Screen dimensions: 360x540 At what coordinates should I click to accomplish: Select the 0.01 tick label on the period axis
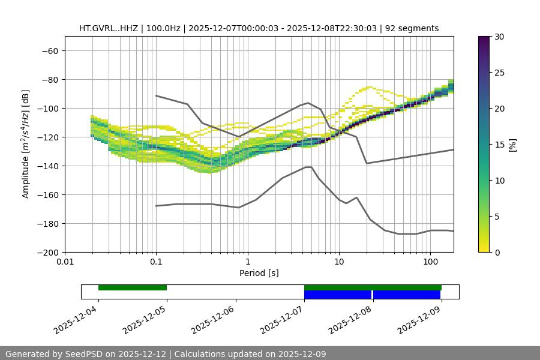65,262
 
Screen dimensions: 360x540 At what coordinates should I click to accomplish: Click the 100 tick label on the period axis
430,262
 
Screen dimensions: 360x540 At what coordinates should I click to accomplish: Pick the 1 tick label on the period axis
248,262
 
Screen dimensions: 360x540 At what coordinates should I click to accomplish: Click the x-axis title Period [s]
259,273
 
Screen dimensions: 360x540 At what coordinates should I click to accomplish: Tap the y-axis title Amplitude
26,144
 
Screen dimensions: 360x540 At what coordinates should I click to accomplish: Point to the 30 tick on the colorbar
499,37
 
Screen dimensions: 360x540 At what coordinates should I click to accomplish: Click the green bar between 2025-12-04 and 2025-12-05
133,287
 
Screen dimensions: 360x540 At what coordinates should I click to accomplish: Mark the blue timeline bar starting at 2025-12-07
338,295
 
